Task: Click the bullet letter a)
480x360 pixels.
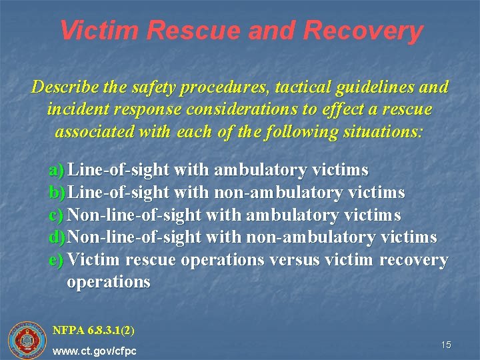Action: tap(57, 171)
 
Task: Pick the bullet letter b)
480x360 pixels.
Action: tap(58, 193)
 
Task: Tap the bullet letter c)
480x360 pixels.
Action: tap(57, 215)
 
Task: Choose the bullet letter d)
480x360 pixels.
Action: tap(58, 237)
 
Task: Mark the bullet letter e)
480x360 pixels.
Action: tap(57, 259)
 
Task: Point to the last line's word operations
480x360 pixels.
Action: tap(109, 281)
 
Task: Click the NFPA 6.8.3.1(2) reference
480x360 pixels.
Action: tap(94, 329)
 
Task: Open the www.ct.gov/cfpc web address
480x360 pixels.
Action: tap(95, 350)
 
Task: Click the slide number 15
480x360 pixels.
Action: tap(446, 345)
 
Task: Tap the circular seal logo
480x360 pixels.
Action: tap(27, 340)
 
